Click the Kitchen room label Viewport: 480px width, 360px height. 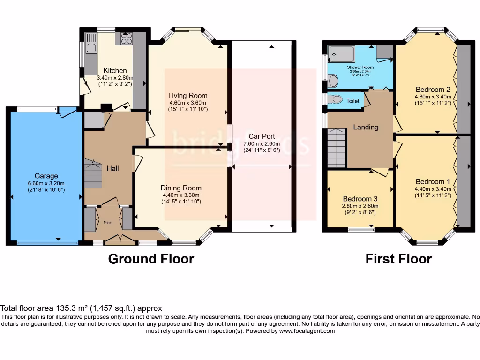tap(115, 71)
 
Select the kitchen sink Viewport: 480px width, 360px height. tap(90, 43)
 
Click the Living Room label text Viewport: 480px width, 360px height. tap(187, 96)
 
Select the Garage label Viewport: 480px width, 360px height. tap(46, 176)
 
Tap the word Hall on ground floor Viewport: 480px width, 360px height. tap(112, 168)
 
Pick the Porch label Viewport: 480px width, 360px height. tap(108, 223)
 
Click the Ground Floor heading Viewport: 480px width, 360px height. tap(151, 259)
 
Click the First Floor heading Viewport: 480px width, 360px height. tap(398, 259)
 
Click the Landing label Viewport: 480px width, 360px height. tap(365, 127)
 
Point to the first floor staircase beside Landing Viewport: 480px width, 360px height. tap(336, 148)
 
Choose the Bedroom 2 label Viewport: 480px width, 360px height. tap(429, 90)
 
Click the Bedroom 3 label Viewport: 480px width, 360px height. tap(360, 199)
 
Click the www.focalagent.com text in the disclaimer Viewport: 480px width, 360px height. tap(307, 331)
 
